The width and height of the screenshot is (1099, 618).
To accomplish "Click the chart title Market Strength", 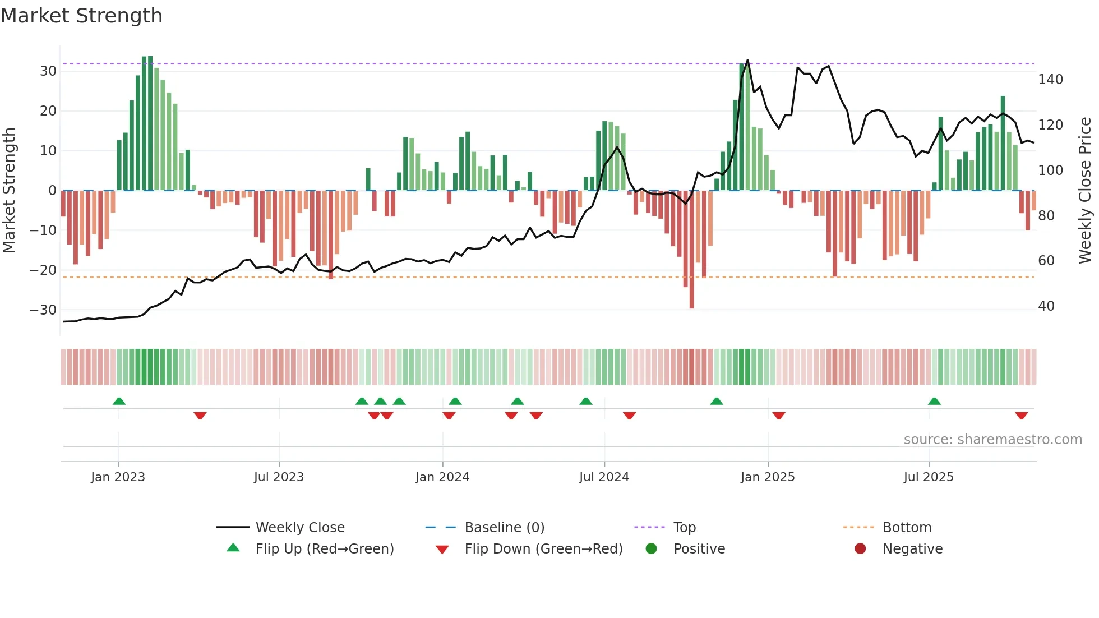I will [81, 16].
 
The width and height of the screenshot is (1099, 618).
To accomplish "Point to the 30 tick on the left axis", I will [48, 71].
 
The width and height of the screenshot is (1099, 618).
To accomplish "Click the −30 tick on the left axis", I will [43, 310].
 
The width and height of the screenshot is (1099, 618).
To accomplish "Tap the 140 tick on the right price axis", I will [1050, 80].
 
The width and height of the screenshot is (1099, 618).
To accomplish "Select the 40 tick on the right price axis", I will [1046, 306].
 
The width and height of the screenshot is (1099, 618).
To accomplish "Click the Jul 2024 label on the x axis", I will [604, 477].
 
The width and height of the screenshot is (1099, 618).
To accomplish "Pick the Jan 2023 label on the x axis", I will [118, 477].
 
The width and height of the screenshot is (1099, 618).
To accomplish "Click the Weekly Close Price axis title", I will [1085, 191].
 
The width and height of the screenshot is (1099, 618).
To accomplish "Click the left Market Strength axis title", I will [9, 191].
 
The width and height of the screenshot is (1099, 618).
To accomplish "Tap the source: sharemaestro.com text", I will [992, 440].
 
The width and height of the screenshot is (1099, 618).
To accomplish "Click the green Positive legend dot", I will [651, 548].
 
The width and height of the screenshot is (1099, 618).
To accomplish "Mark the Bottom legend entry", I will [907, 528].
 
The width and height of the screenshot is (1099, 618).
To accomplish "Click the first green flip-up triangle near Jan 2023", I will [119, 401].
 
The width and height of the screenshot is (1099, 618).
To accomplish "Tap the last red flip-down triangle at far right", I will [1021, 416].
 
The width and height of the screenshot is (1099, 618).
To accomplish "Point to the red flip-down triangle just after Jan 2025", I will [778, 416].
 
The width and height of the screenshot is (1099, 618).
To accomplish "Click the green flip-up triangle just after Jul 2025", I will [934, 401].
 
